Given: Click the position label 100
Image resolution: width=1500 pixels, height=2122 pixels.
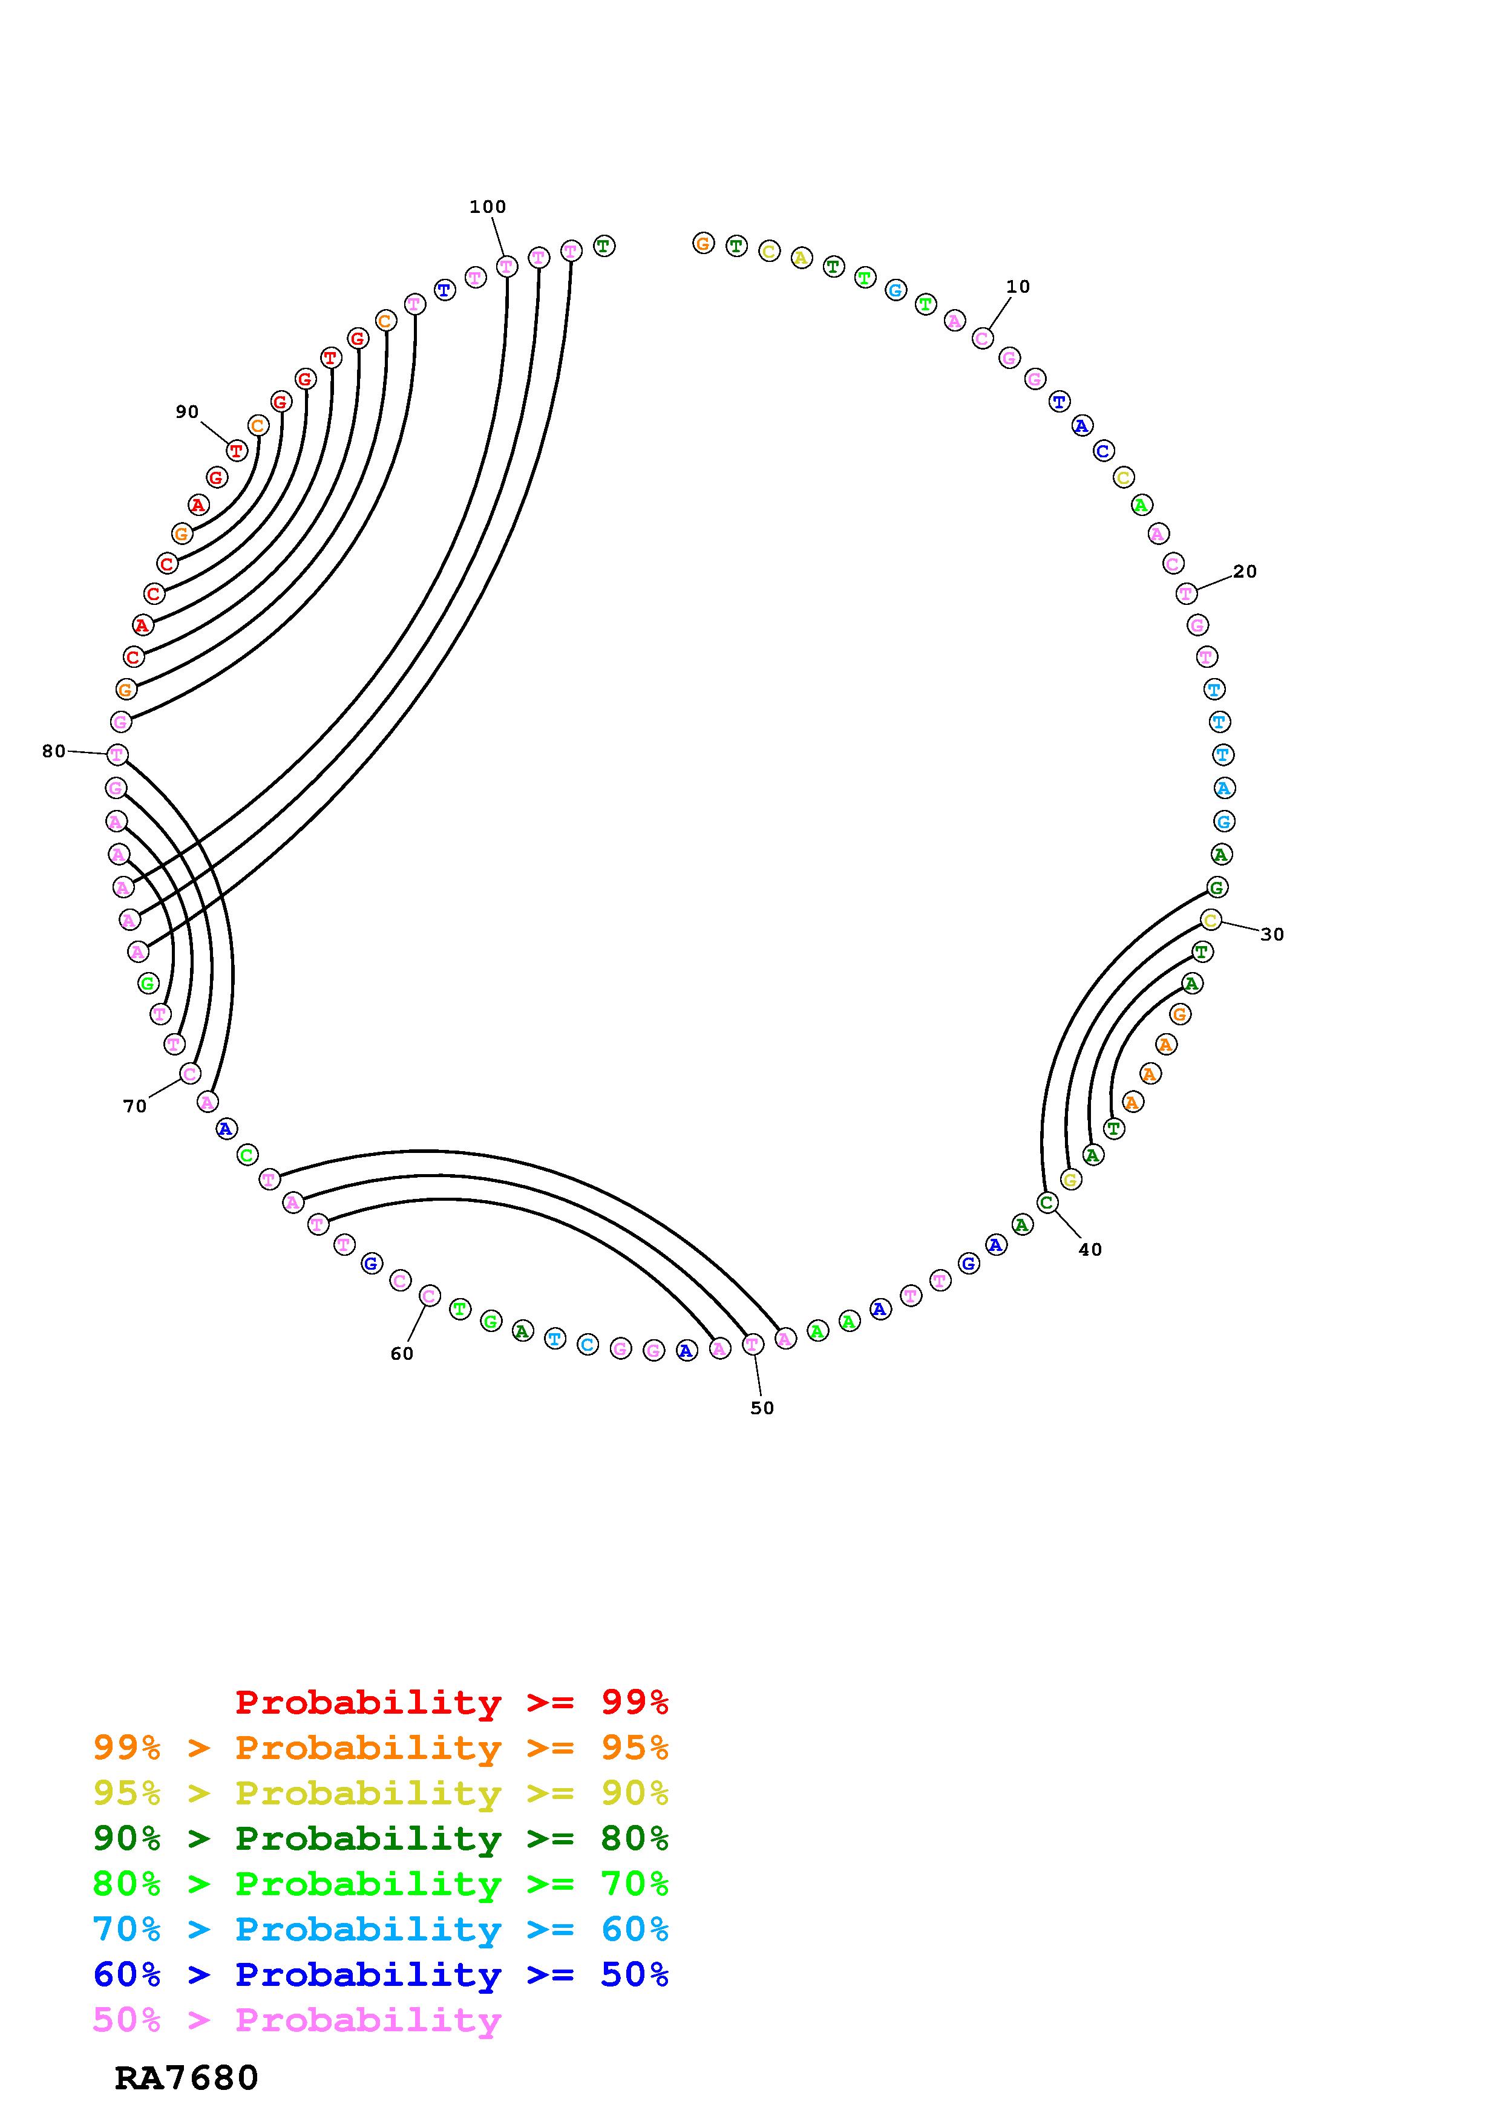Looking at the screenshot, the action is tap(487, 207).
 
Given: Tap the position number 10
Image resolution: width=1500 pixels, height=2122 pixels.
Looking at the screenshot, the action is tap(1018, 287).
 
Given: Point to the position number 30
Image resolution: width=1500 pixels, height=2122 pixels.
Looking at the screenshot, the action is tap(1272, 935).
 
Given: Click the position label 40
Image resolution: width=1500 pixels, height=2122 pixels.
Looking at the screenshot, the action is tap(1090, 1250).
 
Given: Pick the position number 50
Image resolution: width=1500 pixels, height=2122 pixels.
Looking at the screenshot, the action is tap(762, 1408).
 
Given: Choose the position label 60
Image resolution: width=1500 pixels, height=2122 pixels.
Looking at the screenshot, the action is tap(401, 1353).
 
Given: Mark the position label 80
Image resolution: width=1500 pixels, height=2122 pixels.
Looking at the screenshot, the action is tap(54, 751).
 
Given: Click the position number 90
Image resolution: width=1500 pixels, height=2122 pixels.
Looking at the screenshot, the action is tap(187, 412).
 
